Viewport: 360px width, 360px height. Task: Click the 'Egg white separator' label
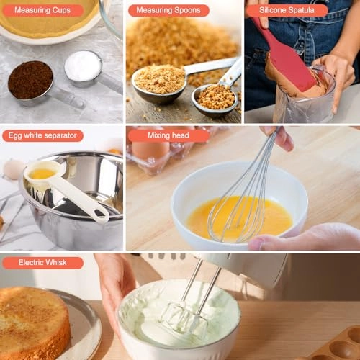(x=42, y=135)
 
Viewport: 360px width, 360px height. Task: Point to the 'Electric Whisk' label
(x=42, y=263)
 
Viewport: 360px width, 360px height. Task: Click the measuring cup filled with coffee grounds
(x=30, y=79)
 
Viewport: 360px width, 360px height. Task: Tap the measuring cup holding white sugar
(x=83, y=66)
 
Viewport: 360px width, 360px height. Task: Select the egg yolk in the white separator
(x=42, y=174)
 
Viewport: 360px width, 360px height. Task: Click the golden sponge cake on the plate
(x=32, y=320)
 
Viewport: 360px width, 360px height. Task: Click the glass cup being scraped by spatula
(x=306, y=104)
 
